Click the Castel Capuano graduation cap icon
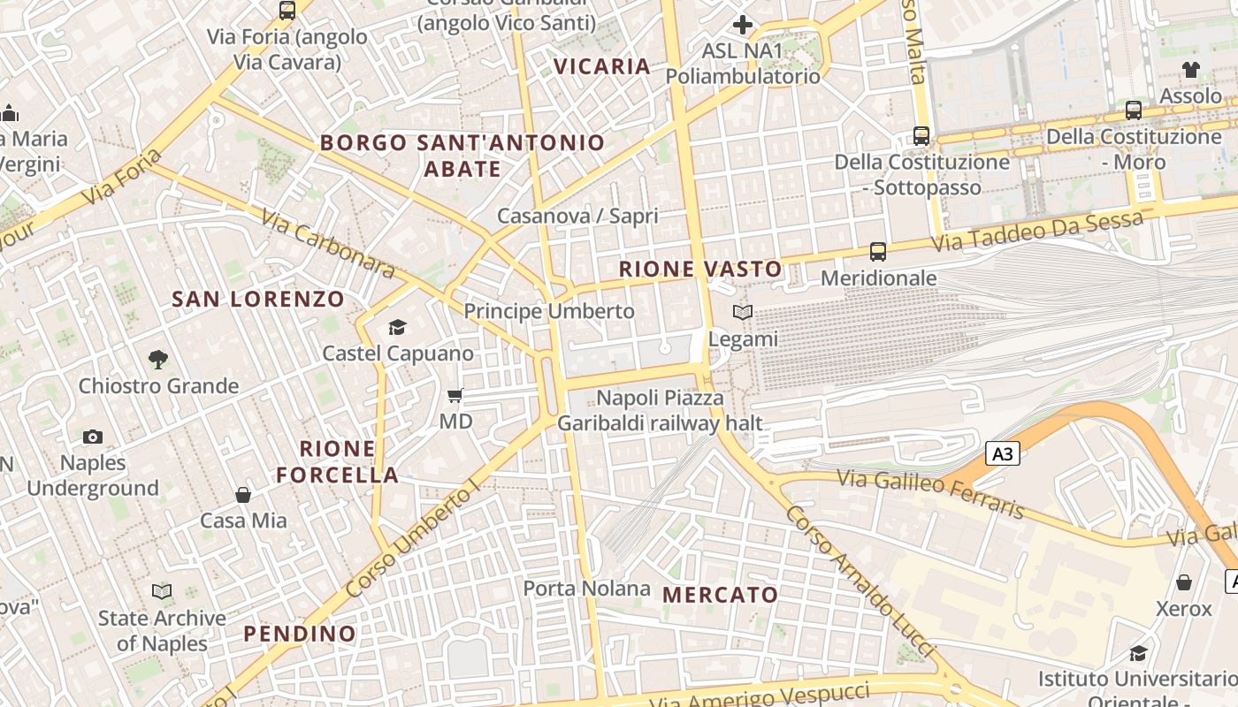tap(397, 328)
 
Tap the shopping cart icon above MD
tap(455, 395)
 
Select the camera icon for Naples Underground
tap(93, 437)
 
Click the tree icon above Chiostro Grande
tap(158, 359)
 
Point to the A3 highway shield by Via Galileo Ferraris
tap(1003, 454)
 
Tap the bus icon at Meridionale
tap(877, 252)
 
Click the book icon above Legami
tap(743, 313)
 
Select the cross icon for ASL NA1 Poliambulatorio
tap(743, 24)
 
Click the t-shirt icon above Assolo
tap(1190, 70)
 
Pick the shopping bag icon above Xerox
tap(1183, 582)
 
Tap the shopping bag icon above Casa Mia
tap(243, 495)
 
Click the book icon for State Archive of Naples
tap(162, 591)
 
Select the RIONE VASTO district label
tap(700, 270)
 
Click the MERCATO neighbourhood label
tap(720, 595)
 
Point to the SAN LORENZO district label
tap(258, 299)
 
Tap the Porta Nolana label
tap(586, 589)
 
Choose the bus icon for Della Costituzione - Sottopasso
tap(921, 136)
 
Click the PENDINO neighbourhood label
tap(300, 634)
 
